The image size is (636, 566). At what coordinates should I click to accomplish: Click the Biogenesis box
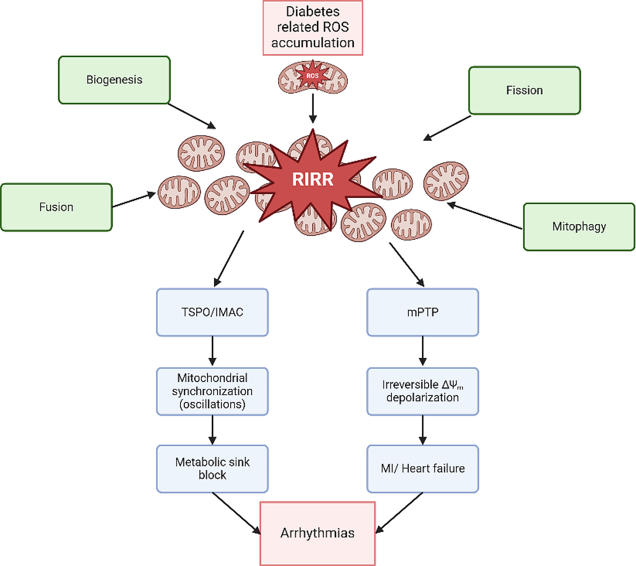tap(114, 80)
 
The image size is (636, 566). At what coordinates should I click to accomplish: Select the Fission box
tap(525, 90)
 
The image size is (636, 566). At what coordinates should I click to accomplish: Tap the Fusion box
tap(56, 207)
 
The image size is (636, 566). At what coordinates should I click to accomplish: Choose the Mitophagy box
tap(579, 227)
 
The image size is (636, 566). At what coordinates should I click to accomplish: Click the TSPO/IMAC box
tap(213, 312)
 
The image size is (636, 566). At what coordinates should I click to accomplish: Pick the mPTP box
tap(423, 312)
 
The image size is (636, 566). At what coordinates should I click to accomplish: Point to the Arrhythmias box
tap(318, 534)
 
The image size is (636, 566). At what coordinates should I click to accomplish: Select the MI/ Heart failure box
tap(423, 469)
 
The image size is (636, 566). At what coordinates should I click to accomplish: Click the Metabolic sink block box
tap(213, 469)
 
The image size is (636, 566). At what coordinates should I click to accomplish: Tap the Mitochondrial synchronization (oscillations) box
tap(213, 391)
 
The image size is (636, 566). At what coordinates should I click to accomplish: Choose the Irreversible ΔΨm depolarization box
tap(423, 391)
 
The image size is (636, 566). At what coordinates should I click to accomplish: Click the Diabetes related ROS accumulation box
tap(313, 28)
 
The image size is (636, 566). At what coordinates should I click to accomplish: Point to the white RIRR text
tap(313, 179)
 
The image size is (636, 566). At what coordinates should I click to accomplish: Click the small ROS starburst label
tap(312, 76)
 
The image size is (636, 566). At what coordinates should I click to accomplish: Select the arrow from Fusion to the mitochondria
tap(134, 200)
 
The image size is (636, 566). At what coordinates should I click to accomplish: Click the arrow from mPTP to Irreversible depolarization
tap(423, 351)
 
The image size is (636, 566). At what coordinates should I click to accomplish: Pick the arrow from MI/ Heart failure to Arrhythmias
tap(399, 513)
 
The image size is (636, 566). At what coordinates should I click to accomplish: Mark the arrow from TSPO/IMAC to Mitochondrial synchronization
tap(213, 351)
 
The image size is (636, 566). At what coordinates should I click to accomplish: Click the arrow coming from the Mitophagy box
tap(484, 215)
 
